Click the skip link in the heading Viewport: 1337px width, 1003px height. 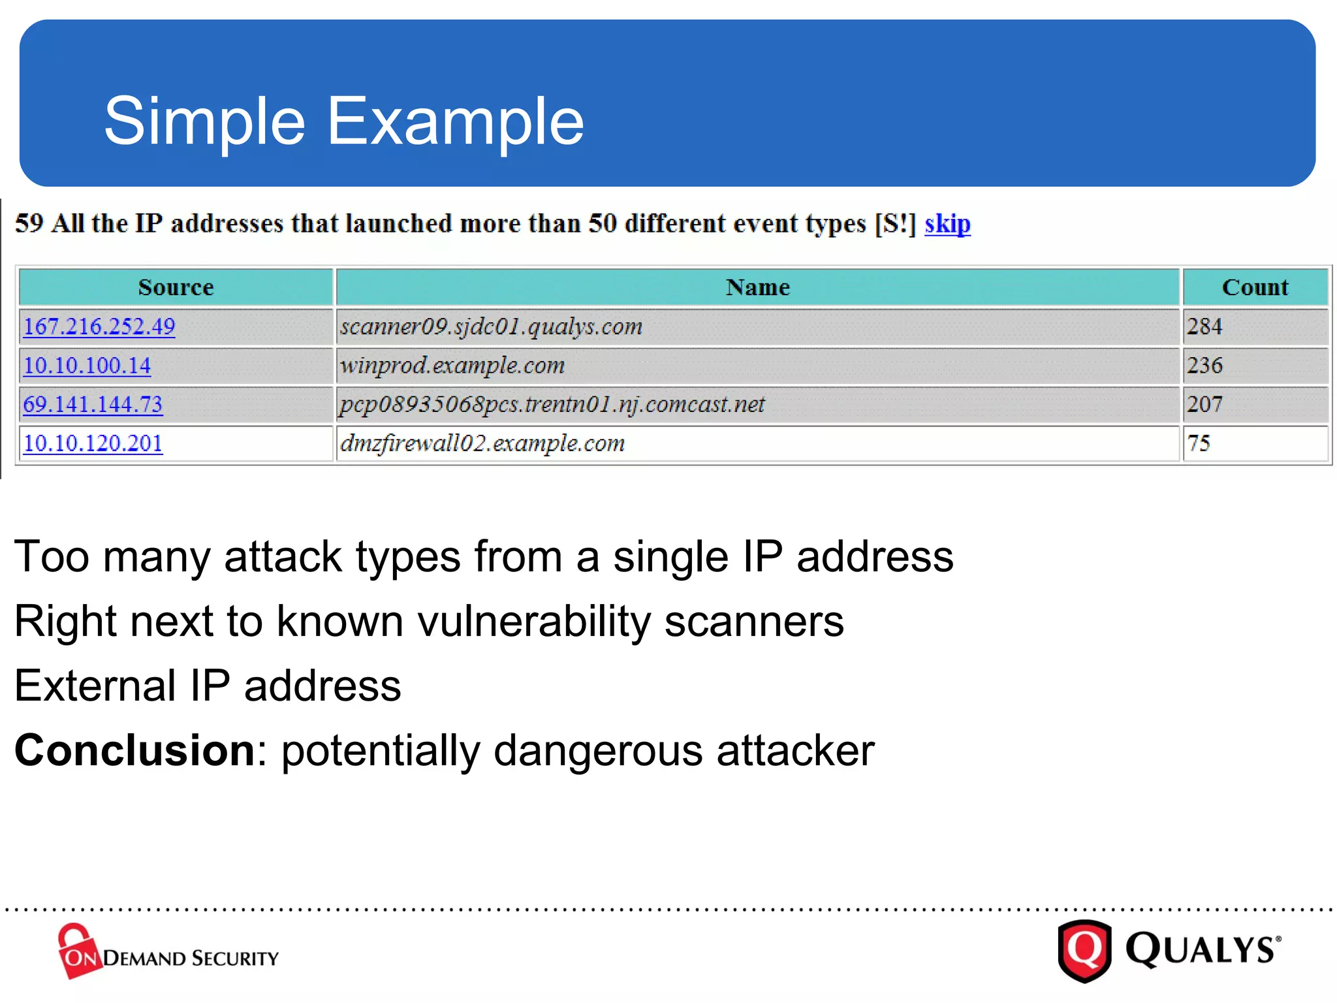(947, 224)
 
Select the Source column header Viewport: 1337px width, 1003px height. (176, 287)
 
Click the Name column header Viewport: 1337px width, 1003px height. (757, 287)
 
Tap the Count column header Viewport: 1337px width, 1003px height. (1255, 287)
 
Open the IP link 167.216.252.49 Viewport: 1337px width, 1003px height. (99, 326)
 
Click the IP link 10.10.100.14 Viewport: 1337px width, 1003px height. (87, 366)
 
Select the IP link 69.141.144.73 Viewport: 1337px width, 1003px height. (93, 404)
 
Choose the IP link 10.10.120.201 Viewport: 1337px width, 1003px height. (93, 443)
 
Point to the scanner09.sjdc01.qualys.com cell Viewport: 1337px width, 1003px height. (491, 326)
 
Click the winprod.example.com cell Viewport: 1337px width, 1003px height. (452, 366)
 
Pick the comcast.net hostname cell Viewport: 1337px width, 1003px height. (552, 405)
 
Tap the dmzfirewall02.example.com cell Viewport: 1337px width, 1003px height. (482, 443)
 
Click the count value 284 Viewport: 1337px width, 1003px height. (1204, 326)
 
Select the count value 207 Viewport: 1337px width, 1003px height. (1204, 404)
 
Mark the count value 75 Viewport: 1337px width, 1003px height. (1199, 443)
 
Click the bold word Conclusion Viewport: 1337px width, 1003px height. (134, 750)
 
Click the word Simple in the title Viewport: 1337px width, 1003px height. (204, 121)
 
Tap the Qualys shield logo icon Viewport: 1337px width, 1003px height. (1084, 950)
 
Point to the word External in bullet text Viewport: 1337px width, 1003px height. (95, 686)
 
